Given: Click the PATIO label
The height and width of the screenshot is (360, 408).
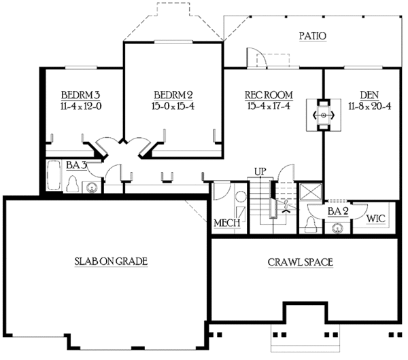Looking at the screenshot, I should pyautogui.click(x=312, y=35).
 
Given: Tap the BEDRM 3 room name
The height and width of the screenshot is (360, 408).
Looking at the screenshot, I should pyautogui.click(x=80, y=94).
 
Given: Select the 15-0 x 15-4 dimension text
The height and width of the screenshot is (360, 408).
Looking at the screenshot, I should pyautogui.click(x=173, y=106).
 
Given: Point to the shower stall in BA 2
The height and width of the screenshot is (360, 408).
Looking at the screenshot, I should pyautogui.click(x=310, y=191).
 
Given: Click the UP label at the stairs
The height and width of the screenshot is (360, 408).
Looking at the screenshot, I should pyautogui.click(x=260, y=171).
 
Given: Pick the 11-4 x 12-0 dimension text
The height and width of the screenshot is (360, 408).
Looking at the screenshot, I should pyautogui.click(x=80, y=106).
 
